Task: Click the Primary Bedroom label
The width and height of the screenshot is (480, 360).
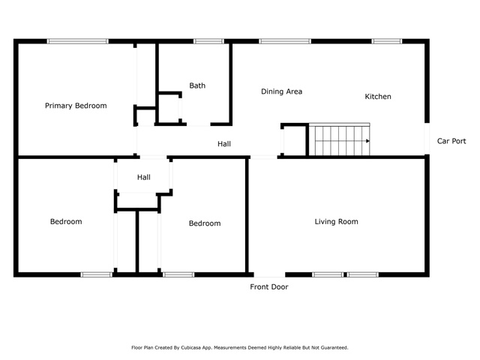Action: pos(76,106)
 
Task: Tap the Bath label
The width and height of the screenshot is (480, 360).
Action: pos(197,85)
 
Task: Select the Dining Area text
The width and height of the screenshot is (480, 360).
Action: pos(282,91)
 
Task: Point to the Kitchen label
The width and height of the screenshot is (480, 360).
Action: pos(378,97)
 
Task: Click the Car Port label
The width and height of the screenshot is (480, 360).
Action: pos(451,141)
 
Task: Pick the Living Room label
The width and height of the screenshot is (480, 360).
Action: pos(337,222)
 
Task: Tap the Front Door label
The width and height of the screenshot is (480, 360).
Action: pos(269,286)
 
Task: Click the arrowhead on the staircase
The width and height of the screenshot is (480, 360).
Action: pos(367,141)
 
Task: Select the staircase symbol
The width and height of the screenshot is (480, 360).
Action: pos(340,139)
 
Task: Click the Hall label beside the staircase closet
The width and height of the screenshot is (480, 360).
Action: pos(224,144)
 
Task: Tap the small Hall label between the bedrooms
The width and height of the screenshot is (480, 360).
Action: pos(143,177)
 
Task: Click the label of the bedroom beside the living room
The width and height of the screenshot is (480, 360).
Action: pos(205,223)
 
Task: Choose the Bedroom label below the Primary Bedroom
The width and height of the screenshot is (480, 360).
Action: pos(66,222)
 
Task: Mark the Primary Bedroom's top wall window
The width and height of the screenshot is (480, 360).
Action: pos(78,41)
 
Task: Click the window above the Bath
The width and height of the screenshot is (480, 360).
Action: pos(208,41)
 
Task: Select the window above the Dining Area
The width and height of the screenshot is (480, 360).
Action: pos(285,41)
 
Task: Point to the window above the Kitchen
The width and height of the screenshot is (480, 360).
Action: pos(387,41)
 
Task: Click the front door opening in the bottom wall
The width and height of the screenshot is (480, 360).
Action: pos(269,274)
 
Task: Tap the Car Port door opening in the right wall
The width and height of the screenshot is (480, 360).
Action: pos(427,139)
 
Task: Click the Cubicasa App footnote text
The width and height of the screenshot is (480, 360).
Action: pos(240,348)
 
